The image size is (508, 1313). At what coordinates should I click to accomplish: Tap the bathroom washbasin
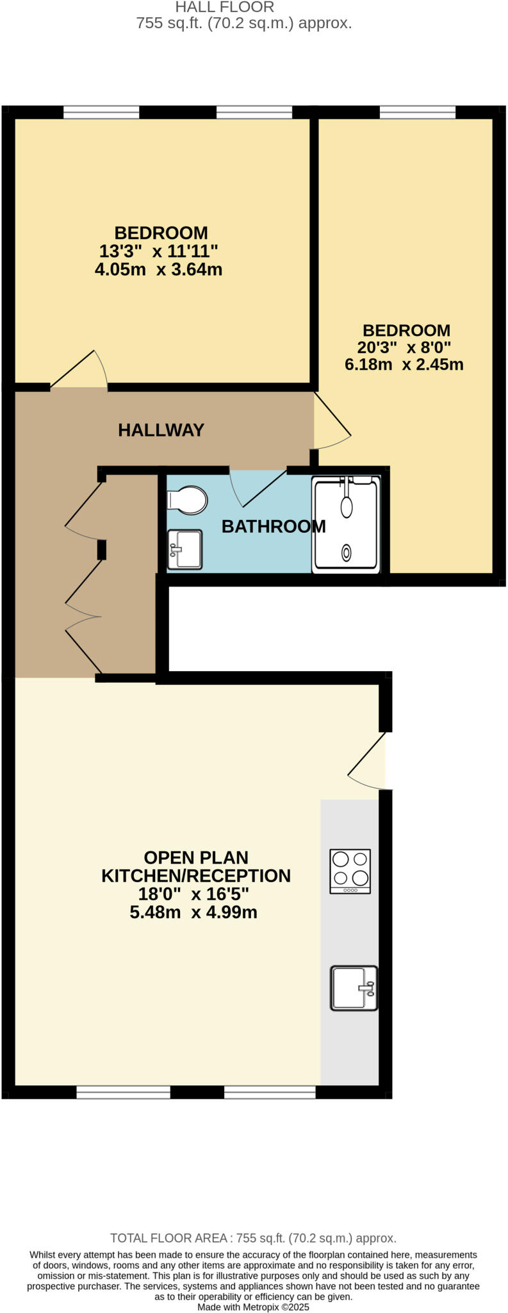[x=184, y=549]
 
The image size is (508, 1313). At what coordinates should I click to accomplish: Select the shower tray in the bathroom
[x=346, y=524]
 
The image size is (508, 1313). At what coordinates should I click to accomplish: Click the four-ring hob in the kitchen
[x=350, y=871]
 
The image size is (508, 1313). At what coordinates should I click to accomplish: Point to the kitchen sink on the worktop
[x=354, y=988]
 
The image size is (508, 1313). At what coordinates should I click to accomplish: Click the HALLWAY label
[x=161, y=430]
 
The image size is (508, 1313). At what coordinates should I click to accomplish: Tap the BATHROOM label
[x=274, y=526]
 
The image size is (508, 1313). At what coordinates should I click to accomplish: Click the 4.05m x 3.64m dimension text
[x=158, y=269]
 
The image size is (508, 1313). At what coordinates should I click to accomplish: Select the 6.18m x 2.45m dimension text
[x=404, y=365]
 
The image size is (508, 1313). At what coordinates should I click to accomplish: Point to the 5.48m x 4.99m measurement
[x=193, y=912]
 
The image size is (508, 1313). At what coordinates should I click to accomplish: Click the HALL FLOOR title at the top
[x=225, y=8]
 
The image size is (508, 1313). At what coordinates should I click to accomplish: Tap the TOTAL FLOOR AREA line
[x=253, y=1238]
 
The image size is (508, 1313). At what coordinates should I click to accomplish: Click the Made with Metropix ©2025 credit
[x=253, y=1307]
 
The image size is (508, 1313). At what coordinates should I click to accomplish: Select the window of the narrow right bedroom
[x=418, y=113]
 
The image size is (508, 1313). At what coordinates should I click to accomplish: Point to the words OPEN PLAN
[x=196, y=858]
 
